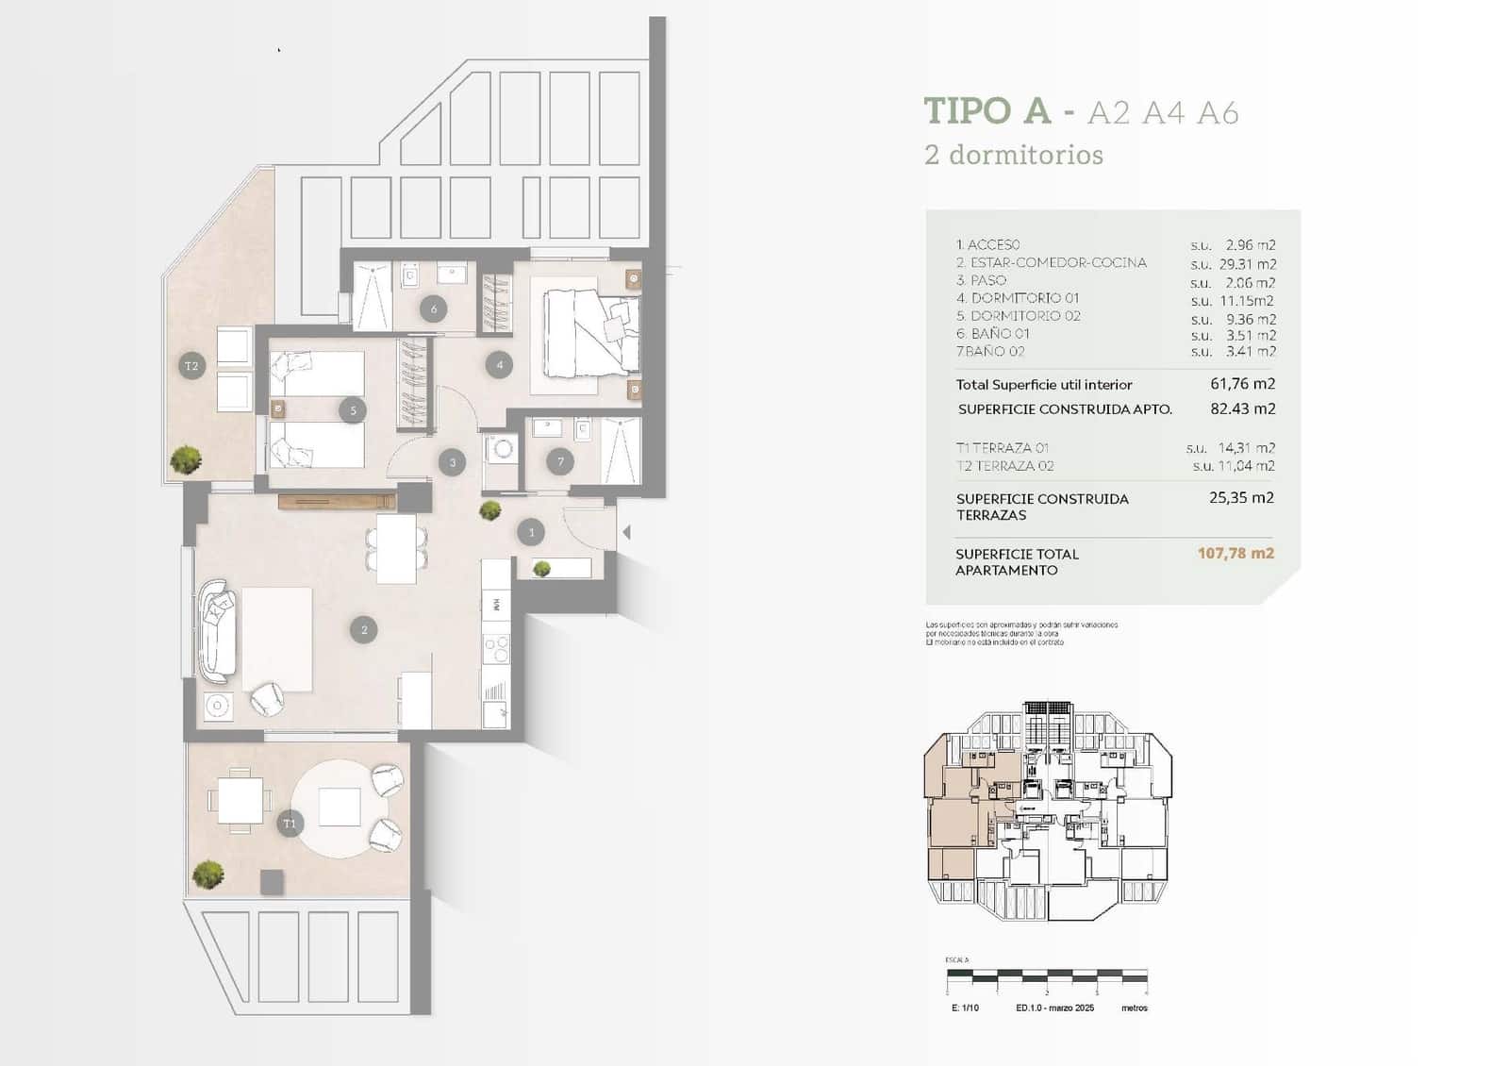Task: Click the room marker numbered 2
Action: click(364, 630)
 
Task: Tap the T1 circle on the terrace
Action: click(290, 824)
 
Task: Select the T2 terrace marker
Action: click(192, 366)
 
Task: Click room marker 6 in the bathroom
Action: click(434, 308)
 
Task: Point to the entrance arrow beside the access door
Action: click(626, 534)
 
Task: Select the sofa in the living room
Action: click(218, 630)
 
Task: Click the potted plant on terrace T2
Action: click(186, 459)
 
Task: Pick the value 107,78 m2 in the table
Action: click(1235, 554)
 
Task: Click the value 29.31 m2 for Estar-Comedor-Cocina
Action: click(1247, 264)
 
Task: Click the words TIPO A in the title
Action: click(987, 111)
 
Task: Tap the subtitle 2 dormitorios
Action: click(1014, 155)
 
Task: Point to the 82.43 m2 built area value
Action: click(1242, 409)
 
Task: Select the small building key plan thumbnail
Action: click(1047, 811)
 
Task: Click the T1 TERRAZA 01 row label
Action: click(1003, 448)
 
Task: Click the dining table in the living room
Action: click(396, 548)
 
